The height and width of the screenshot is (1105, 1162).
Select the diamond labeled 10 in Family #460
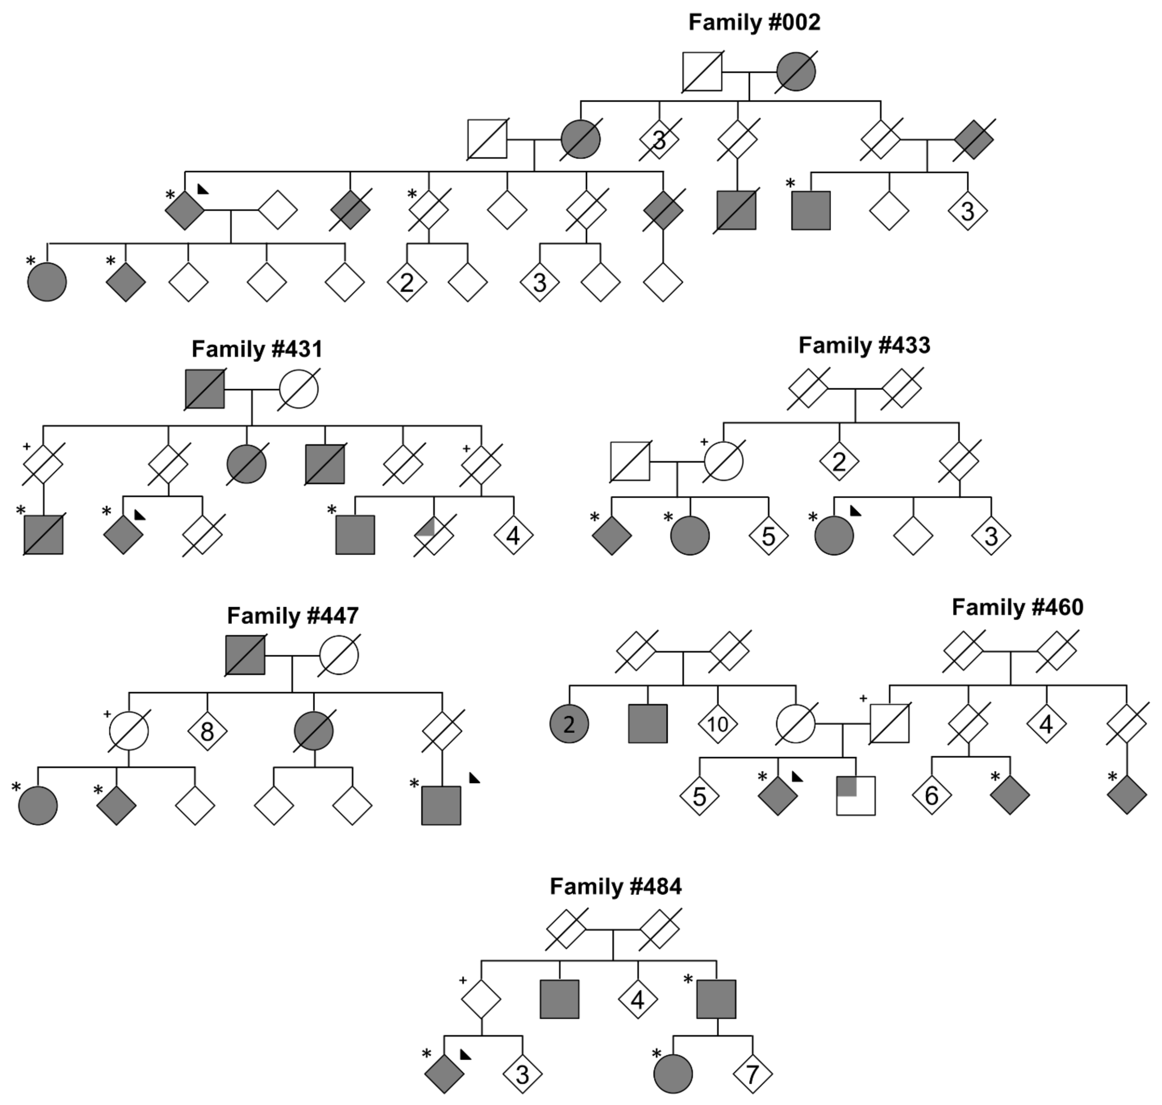click(717, 724)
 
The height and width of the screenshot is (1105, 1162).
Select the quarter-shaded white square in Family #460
click(856, 796)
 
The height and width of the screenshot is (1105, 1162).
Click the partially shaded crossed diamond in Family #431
click(434, 535)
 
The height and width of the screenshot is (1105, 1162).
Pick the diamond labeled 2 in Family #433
click(839, 461)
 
